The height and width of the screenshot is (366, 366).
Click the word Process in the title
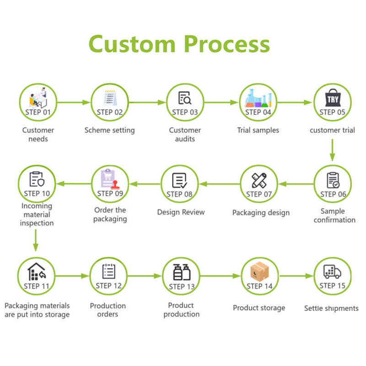[227, 45]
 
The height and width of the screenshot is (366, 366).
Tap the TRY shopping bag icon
[333, 97]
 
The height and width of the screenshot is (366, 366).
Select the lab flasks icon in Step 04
[258, 98]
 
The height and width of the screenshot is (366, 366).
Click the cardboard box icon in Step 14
[259, 271]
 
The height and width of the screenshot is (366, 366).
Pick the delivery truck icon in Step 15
[333, 272]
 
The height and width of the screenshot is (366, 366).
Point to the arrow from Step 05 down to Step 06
[333, 150]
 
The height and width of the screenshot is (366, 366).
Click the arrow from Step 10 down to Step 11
[36, 240]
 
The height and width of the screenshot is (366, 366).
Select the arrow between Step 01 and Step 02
[74, 102]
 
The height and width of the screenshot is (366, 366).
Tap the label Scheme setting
[110, 130]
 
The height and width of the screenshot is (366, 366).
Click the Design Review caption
[181, 212]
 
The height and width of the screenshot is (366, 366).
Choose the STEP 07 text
[259, 194]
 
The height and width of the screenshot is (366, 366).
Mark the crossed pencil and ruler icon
[259, 180]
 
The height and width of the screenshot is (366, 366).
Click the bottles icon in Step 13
[182, 272]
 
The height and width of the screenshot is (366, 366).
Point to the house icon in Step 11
[37, 271]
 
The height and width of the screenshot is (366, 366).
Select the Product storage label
[259, 308]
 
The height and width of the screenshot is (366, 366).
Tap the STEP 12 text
[108, 285]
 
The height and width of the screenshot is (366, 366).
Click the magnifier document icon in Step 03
[185, 98]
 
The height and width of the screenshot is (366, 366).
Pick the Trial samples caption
[258, 130]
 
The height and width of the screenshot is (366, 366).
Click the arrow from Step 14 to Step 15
[296, 276]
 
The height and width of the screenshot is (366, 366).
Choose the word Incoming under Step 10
[37, 206]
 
